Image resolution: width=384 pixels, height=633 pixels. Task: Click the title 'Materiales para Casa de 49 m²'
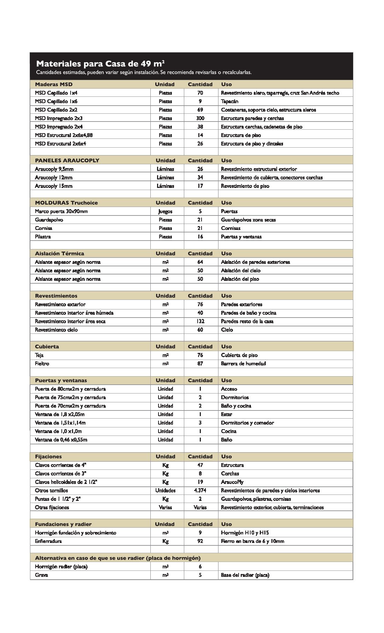100,64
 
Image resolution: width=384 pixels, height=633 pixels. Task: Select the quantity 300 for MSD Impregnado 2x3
200,118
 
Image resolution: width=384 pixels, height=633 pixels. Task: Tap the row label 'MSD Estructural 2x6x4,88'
64,135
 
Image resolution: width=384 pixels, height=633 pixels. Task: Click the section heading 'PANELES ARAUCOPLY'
67,160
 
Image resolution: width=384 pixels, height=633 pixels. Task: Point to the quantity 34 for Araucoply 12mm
200,178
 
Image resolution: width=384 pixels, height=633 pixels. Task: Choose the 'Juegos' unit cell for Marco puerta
165,212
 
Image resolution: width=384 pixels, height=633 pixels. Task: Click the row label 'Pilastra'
43,237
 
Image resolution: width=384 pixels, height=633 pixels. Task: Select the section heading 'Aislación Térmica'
60,254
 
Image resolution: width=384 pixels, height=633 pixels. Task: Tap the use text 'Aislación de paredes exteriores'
256,262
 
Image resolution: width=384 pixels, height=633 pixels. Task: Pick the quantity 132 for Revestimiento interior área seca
200,321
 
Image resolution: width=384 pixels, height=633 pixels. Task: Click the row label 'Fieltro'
42,363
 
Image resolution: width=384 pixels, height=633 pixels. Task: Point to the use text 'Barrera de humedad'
243,363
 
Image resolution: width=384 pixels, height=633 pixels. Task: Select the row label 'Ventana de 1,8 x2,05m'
60,414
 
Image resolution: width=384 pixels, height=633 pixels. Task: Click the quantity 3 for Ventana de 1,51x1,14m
200,423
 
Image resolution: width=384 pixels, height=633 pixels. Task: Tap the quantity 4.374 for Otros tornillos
200,491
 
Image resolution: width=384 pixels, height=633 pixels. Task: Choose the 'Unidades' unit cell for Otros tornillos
165,491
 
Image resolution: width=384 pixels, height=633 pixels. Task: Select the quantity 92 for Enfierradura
200,541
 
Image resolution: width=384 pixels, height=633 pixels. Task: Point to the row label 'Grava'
41,575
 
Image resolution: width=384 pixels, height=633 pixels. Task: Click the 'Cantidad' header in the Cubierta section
200,347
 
